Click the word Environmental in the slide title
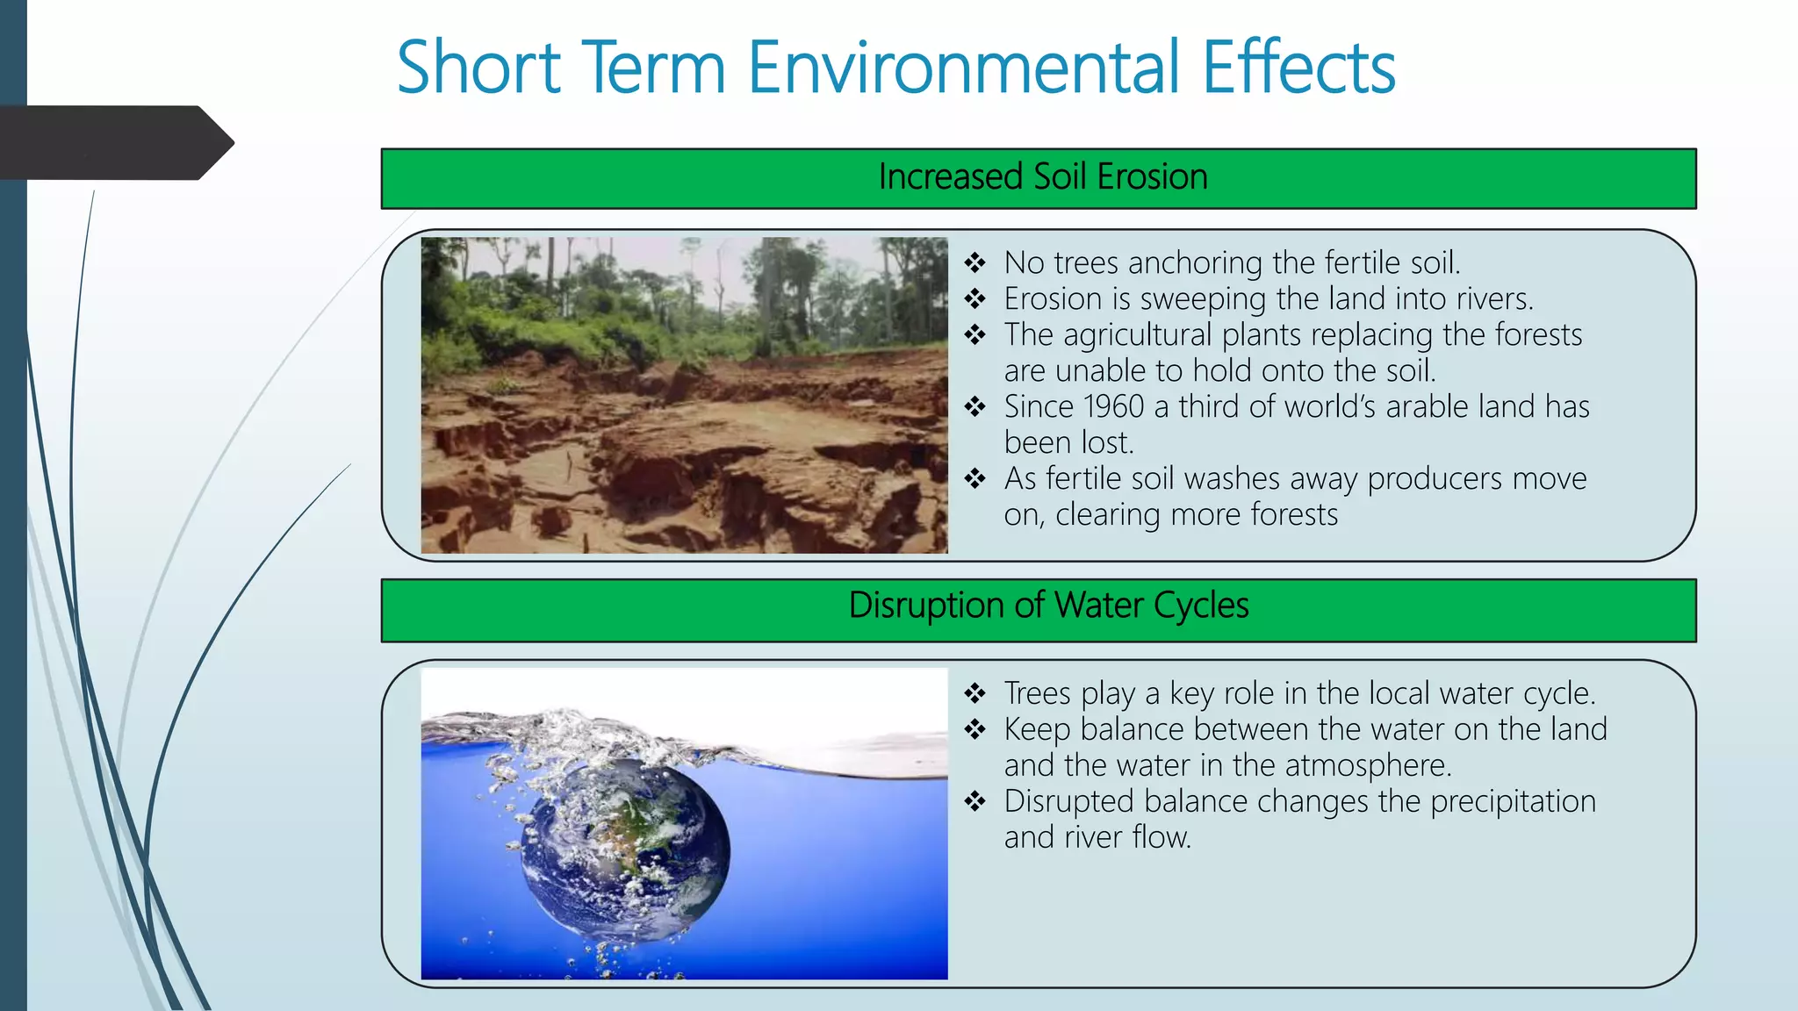point(962,68)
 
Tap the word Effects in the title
point(1298,68)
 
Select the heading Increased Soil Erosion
point(1042,177)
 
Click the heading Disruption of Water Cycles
point(1048,606)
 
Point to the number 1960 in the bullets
point(1113,407)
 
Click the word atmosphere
point(1367,766)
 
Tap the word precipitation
point(1513,802)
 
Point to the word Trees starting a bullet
point(1037,694)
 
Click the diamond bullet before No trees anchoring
point(975,263)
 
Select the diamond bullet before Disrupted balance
point(975,802)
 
